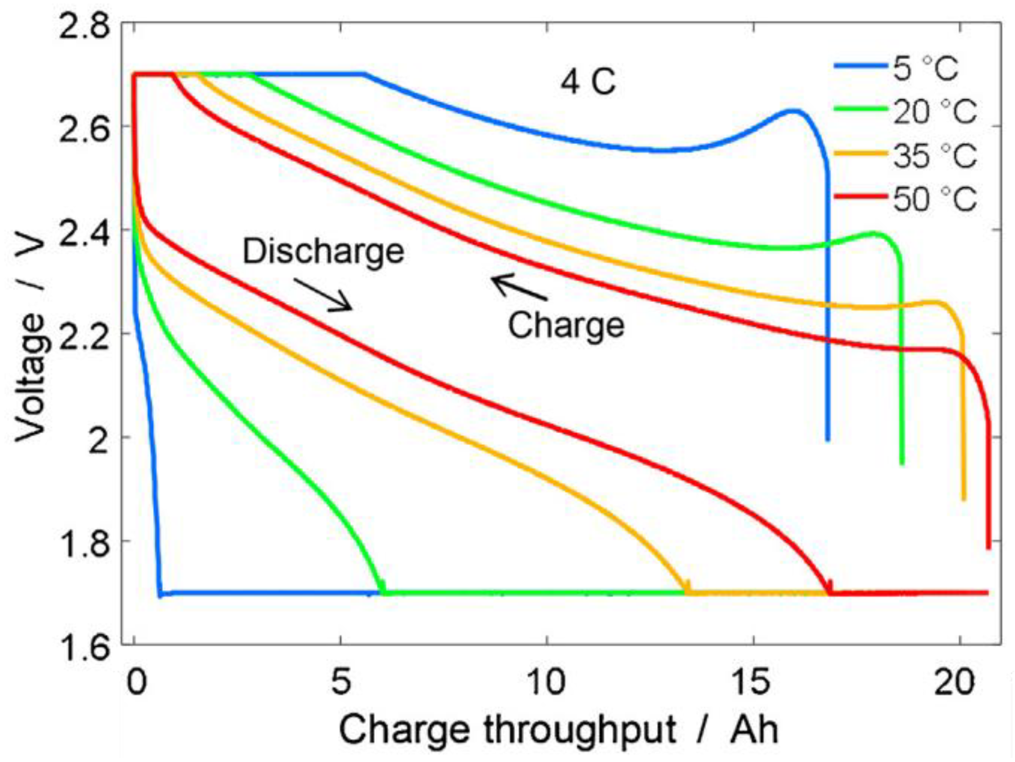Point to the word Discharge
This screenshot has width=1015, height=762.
[323, 251]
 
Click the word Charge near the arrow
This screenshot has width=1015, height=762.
[566, 325]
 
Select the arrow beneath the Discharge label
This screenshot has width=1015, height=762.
[323, 295]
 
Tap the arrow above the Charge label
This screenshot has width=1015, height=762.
[519, 287]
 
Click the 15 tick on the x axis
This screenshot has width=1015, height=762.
[752, 682]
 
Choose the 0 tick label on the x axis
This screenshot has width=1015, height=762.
[136, 682]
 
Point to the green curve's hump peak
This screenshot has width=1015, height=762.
[873, 233]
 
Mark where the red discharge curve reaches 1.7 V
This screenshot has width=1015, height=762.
[829, 592]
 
